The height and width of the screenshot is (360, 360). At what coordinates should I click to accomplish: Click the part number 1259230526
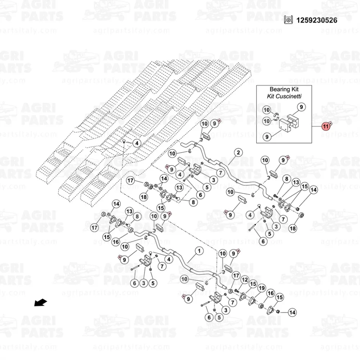[x=316, y=20]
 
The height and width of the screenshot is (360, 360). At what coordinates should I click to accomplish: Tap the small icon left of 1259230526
[x=288, y=20]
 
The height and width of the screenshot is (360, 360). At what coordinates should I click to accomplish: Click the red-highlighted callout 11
[x=325, y=126]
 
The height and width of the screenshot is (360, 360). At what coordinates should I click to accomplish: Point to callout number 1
[x=199, y=251]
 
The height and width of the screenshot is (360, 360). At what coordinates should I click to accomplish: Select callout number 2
[x=238, y=152]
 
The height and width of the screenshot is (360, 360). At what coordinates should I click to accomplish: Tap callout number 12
[x=245, y=280]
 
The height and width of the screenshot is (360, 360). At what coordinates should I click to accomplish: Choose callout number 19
[x=262, y=288]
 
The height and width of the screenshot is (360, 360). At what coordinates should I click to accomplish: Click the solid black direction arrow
[x=41, y=303]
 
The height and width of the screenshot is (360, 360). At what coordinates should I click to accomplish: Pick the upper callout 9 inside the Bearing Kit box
[x=301, y=107]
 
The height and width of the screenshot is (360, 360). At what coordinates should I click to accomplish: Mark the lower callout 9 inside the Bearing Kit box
[x=267, y=137]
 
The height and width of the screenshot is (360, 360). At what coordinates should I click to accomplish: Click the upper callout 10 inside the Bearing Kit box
[x=266, y=110]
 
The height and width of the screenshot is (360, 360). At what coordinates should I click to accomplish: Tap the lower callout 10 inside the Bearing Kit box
[x=266, y=121]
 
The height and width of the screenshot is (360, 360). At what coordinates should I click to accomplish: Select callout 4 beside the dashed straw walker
[x=137, y=143]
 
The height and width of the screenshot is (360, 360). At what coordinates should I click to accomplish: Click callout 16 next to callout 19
[x=271, y=293]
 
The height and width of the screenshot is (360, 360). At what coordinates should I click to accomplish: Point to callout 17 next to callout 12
[x=236, y=275]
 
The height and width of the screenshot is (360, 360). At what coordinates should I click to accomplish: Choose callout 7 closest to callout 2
[x=221, y=173]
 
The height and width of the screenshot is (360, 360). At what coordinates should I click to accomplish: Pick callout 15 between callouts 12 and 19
[x=253, y=284]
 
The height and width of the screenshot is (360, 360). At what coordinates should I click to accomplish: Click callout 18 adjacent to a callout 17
[x=144, y=197]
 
